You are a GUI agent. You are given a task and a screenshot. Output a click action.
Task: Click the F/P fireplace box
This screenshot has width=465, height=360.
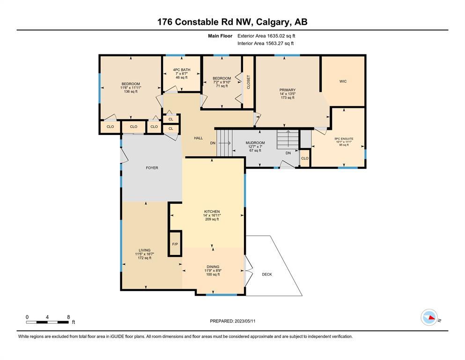click(175, 244)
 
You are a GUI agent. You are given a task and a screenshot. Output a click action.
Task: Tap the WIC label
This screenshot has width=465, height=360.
click(343, 81)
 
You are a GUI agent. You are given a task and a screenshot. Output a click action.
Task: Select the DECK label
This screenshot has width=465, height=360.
click(267, 274)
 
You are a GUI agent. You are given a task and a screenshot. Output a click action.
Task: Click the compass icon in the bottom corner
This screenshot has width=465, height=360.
click(429, 317)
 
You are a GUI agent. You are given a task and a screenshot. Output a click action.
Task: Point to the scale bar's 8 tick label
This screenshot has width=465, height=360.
click(68, 317)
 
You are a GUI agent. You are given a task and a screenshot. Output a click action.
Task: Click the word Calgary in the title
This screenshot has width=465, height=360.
click(272, 22)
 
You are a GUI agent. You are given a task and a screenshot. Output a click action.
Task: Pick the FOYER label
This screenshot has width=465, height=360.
click(152, 168)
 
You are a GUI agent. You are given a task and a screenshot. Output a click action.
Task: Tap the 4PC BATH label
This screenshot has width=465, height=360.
click(182, 70)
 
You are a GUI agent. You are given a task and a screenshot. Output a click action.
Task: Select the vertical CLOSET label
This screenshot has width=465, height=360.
click(249, 82)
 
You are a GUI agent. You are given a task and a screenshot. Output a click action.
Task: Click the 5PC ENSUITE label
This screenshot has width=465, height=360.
click(344, 139)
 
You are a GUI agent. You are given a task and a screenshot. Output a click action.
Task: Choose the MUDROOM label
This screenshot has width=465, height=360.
click(255, 143)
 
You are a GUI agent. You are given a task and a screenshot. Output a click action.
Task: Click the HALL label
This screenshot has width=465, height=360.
click(199, 138)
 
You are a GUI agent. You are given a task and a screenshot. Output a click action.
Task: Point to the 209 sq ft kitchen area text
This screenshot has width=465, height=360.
click(212, 219)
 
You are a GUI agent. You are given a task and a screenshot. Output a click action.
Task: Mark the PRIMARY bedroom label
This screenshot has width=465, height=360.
click(288, 90)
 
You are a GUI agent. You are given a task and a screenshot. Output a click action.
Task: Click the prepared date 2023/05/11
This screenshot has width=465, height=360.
click(245, 321)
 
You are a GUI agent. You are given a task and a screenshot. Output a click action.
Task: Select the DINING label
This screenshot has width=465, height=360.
click(213, 267)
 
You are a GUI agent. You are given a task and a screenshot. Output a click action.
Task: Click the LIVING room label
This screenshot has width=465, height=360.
click(144, 250)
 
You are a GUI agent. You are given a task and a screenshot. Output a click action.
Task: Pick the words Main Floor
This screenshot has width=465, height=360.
click(220, 36)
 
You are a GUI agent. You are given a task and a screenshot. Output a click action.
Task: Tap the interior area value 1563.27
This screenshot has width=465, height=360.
click(274, 43)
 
